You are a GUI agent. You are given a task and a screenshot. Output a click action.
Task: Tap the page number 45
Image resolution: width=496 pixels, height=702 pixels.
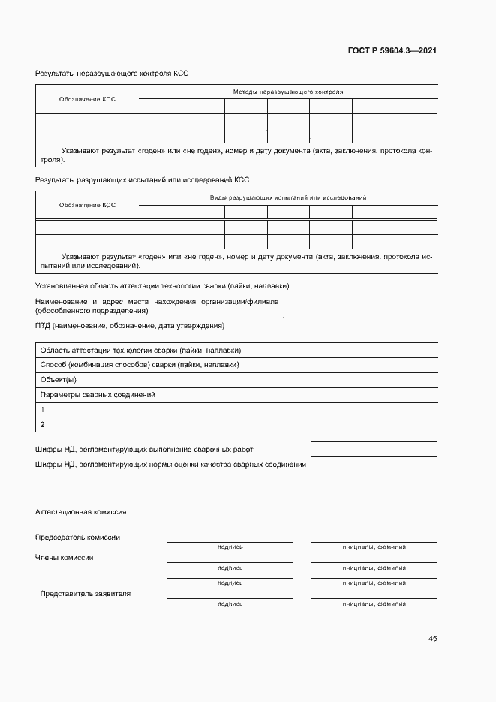point(432,639)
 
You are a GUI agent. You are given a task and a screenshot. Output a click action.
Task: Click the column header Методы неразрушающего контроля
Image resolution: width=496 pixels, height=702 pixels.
point(288,92)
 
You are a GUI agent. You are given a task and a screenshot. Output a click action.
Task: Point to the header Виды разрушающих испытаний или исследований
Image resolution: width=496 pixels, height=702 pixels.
point(288,197)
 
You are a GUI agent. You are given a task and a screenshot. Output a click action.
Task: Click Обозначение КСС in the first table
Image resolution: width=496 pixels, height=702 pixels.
point(87,99)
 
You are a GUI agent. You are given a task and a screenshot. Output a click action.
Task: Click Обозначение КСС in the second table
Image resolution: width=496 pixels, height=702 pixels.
point(87,205)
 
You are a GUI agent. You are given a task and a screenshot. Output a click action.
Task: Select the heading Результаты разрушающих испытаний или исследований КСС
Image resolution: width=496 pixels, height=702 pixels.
point(142,179)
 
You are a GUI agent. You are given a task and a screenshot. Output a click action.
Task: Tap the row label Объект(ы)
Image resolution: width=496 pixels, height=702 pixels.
point(58,380)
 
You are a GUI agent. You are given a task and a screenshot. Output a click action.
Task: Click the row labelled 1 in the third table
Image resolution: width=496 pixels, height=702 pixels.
point(43,410)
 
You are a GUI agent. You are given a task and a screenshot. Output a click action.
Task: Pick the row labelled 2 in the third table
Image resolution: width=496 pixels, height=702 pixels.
point(43,424)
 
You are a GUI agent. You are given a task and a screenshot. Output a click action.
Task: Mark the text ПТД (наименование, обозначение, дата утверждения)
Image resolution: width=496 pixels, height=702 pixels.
point(129,326)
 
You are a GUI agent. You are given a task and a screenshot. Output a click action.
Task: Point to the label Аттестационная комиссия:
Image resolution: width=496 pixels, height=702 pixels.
point(82,512)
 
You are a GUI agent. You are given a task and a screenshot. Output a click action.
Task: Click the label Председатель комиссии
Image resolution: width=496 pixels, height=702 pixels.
point(77,537)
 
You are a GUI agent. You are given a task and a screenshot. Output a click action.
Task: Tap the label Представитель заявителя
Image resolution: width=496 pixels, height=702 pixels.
point(86,593)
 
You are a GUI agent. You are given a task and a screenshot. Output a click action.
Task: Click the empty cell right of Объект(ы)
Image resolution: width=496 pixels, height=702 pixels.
point(360,380)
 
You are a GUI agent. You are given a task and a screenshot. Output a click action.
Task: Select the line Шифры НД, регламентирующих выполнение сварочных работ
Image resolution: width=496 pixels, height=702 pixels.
point(144,449)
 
